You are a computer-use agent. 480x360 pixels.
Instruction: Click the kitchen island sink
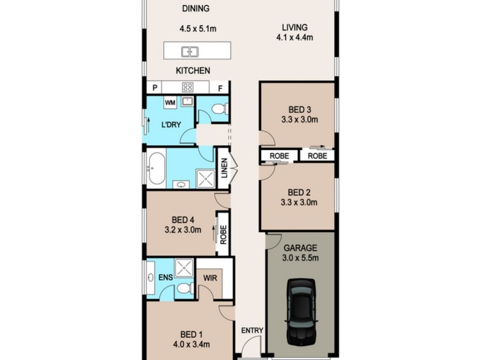pyautogui.click(x=191, y=52)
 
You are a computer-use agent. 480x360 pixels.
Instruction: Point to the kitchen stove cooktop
pyautogui.click(x=187, y=87)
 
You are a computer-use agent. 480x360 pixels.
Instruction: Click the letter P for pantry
pyautogui.click(x=155, y=88)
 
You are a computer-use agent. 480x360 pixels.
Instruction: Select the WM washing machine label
pyautogui.click(x=170, y=103)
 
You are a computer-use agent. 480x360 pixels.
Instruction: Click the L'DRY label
pyautogui.click(x=171, y=125)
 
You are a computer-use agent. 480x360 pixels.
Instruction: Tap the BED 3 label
pyautogui.click(x=299, y=109)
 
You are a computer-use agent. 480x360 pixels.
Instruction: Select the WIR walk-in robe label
pyautogui.click(x=209, y=278)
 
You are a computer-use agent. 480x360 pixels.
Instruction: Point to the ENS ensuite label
pyautogui.click(x=165, y=278)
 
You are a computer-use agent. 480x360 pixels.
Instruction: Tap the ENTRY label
pyautogui.click(x=252, y=331)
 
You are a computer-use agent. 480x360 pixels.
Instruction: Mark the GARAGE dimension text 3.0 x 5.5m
pyautogui.click(x=301, y=258)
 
